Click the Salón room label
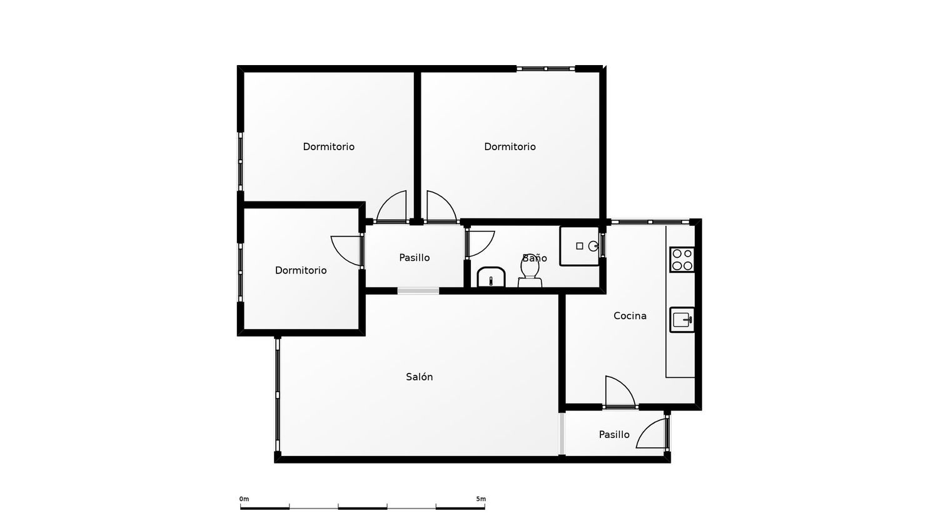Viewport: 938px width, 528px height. pyautogui.click(x=419, y=377)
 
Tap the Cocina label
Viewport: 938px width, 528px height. pyautogui.click(x=630, y=315)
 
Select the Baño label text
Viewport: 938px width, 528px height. pyautogui.click(x=535, y=258)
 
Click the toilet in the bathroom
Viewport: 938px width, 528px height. pyautogui.click(x=530, y=272)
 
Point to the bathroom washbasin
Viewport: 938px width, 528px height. pyautogui.click(x=491, y=277)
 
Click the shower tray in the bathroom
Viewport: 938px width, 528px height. pyautogui.click(x=580, y=246)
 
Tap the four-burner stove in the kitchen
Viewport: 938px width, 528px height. pyautogui.click(x=682, y=260)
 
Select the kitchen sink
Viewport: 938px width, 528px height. pyautogui.click(x=682, y=320)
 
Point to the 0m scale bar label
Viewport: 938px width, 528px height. pyautogui.click(x=244, y=499)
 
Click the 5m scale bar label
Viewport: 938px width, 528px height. pyautogui.click(x=481, y=499)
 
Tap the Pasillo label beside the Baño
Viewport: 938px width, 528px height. pyautogui.click(x=414, y=258)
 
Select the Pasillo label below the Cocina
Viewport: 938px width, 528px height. pyautogui.click(x=614, y=435)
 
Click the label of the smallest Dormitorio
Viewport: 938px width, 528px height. pyautogui.click(x=301, y=270)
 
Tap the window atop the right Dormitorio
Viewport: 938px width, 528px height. pyautogui.click(x=546, y=68)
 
